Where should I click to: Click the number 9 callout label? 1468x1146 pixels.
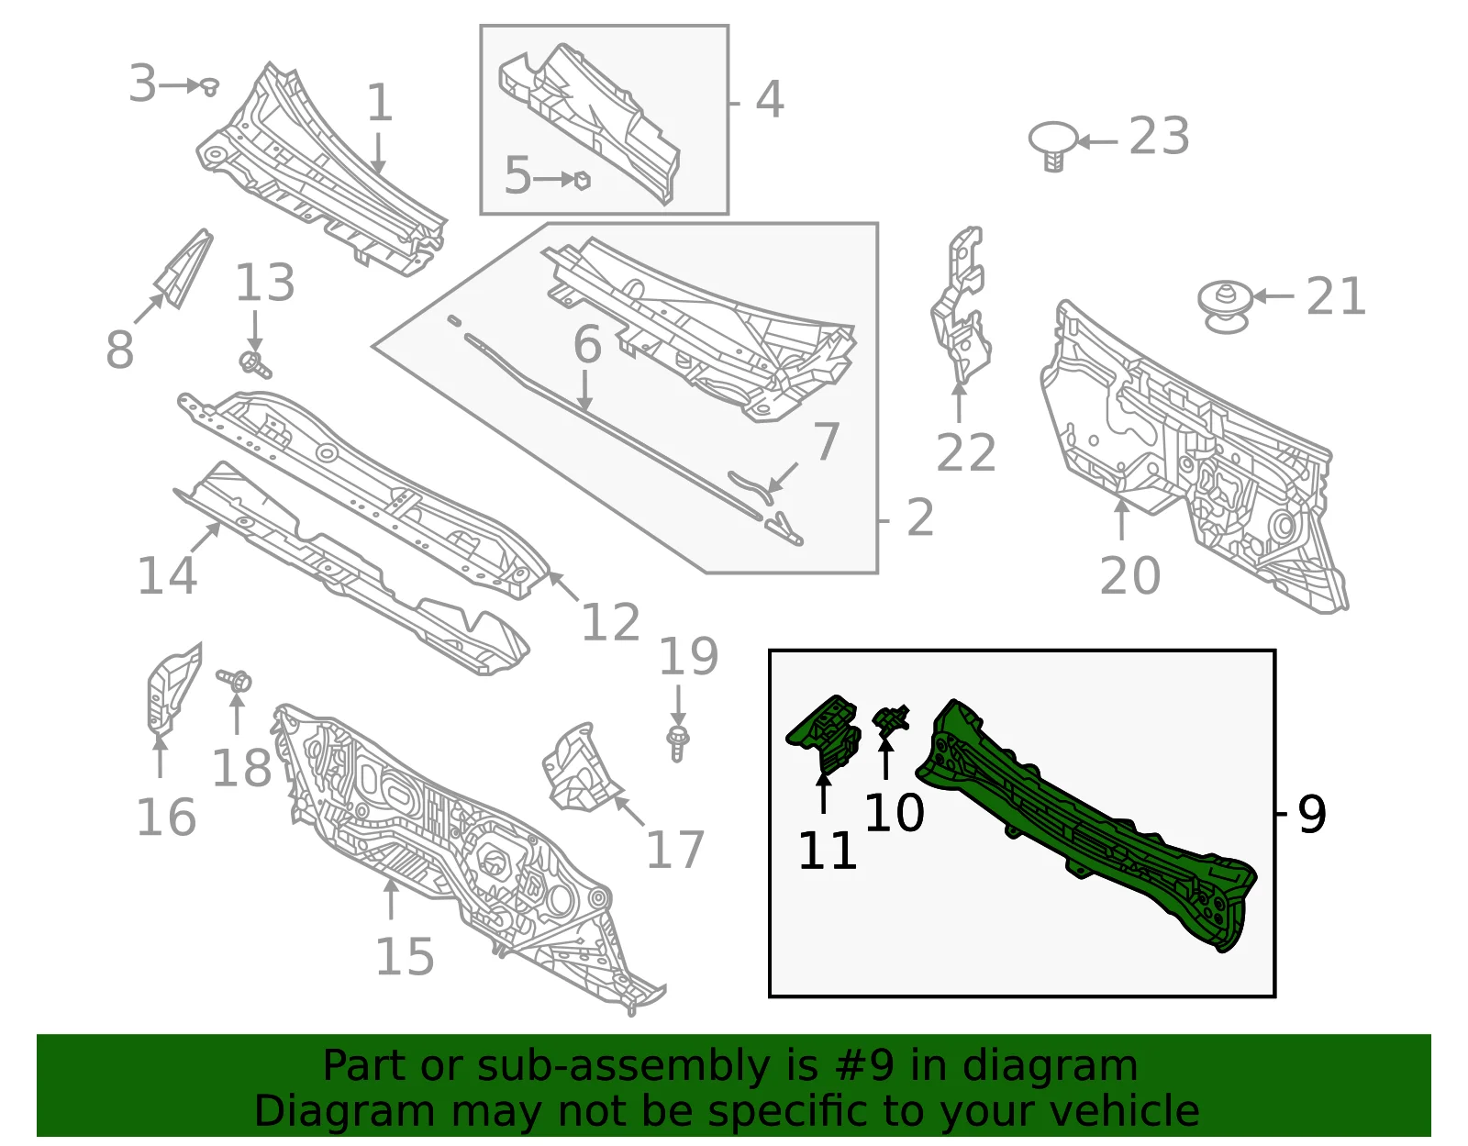point(1311,815)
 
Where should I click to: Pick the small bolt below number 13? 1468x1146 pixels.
point(255,364)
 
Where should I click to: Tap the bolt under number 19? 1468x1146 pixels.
point(678,743)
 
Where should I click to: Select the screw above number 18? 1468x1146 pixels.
point(234,680)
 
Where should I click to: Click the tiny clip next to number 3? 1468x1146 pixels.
point(209,86)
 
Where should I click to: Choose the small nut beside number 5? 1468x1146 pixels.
point(582,181)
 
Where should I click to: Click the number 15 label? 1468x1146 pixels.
point(404,957)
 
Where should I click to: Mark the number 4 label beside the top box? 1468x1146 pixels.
point(770,100)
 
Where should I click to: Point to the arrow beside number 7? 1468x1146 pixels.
point(784,477)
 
